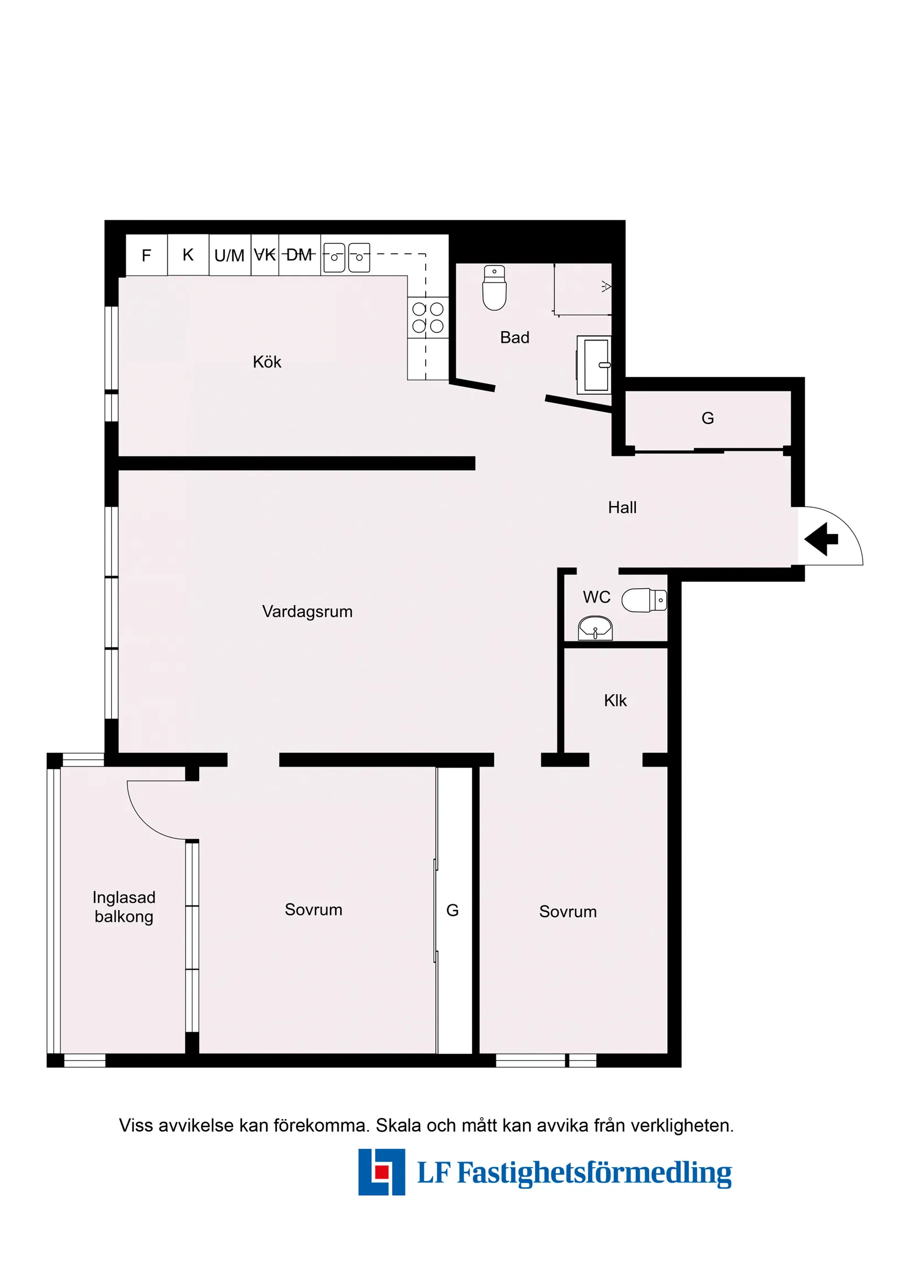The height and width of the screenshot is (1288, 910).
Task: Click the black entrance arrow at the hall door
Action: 821,539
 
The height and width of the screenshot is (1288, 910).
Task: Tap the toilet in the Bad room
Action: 495,288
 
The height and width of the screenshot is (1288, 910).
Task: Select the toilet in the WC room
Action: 644,600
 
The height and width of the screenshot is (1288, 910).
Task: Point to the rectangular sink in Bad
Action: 595,365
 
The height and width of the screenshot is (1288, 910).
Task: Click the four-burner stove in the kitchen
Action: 428,317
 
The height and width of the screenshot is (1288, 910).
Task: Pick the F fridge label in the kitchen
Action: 146,256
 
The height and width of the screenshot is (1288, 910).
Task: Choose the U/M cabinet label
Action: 229,256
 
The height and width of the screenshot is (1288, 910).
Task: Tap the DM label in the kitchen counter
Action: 299,256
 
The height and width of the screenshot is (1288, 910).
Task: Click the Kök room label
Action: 267,362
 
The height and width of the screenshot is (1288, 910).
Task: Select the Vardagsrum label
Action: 307,611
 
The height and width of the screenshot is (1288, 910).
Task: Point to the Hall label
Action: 622,507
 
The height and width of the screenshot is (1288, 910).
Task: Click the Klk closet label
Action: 615,700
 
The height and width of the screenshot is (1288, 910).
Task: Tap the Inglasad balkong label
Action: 124,907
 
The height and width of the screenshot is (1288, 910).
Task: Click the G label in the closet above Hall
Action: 708,418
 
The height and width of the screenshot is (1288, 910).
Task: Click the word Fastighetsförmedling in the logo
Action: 595,1173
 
